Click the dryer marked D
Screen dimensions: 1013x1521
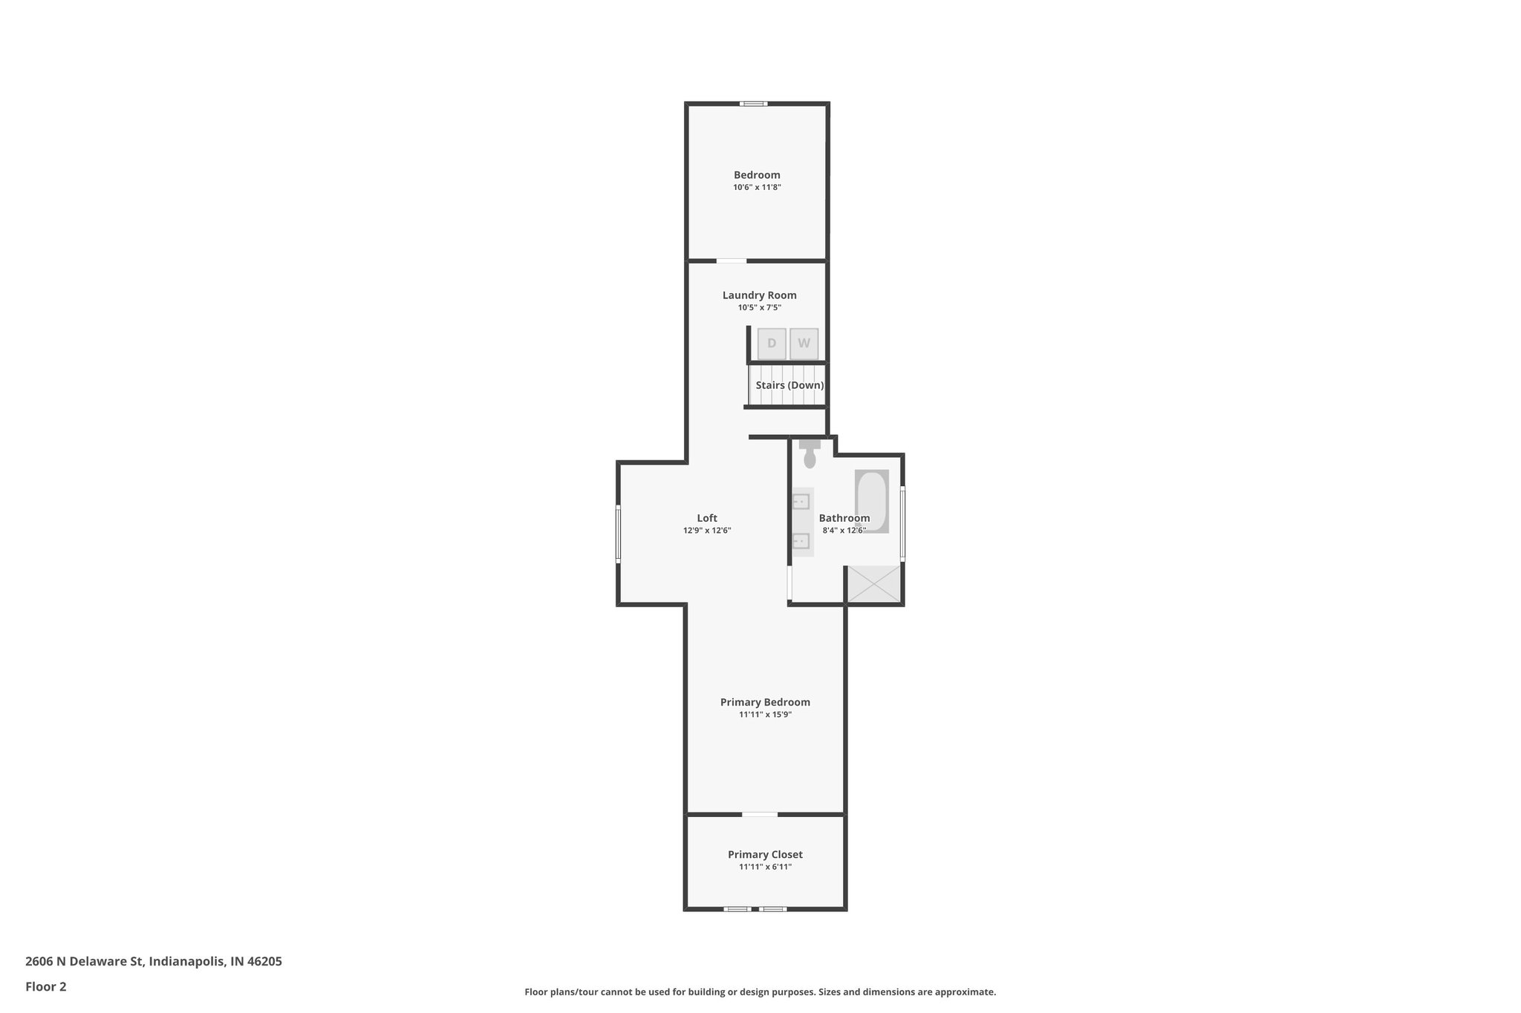[772, 344]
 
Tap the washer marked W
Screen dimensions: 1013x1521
[804, 344]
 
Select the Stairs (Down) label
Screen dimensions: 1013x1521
[789, 385]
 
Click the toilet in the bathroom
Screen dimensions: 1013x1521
[810, 455]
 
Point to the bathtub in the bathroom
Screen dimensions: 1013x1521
[871, 501]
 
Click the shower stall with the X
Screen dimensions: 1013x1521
[873, 583]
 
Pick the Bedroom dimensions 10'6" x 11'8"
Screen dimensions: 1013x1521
[757, 188]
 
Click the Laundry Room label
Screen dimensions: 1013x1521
[759, 295]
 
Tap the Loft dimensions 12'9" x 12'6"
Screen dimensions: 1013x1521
[707, 531]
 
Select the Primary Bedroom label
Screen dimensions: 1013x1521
[765, 702]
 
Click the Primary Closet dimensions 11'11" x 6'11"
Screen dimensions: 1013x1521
[765, 867]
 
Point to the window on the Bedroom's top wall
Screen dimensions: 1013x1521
[753, 104]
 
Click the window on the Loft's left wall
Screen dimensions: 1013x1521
[618, 533]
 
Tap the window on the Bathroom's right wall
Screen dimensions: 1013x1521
[902, 522]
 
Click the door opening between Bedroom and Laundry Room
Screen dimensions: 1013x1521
[731, 260]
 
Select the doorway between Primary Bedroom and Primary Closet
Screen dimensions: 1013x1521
[760, 814]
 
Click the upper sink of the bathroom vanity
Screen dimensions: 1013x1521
[801, 502]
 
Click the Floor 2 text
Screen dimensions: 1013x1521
[46, 986]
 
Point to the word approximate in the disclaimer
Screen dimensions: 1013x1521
[964, 992]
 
